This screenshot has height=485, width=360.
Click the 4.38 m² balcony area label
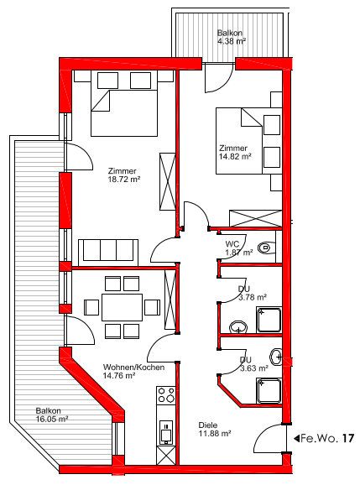click(232, 41)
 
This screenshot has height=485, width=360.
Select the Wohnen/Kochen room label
click(133, 368)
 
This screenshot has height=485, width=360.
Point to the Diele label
click(208, 425)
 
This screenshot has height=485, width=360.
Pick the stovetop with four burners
click(166, 395)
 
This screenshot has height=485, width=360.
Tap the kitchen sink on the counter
click(166, 432)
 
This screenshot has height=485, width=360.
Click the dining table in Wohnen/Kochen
click(123, 307)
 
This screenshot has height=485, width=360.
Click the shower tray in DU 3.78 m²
click(269, 320)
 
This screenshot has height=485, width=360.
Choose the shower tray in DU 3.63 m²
click(269, 391)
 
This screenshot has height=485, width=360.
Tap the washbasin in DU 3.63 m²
click(276, 357)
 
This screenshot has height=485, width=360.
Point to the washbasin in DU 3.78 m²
click(238, 326)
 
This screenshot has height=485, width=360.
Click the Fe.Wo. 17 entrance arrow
click(296, 438)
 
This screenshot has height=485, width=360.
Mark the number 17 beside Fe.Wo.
click(348, 438)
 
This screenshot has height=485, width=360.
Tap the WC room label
click(232, 244)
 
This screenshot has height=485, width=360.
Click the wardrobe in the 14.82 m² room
click(255, 219)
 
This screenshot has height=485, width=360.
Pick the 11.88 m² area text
click(215, 433)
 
